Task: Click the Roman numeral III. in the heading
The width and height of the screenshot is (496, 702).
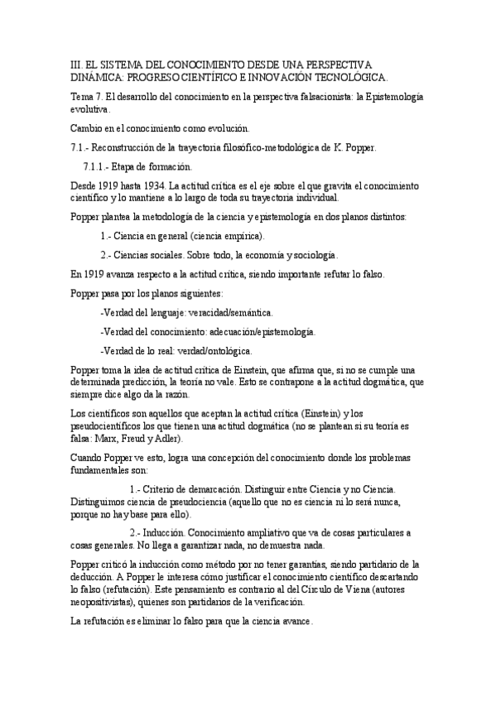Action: pos(75,65)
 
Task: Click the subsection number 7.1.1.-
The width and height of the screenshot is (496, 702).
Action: pos(101,166)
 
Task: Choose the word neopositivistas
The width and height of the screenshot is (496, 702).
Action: pos(108,603)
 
